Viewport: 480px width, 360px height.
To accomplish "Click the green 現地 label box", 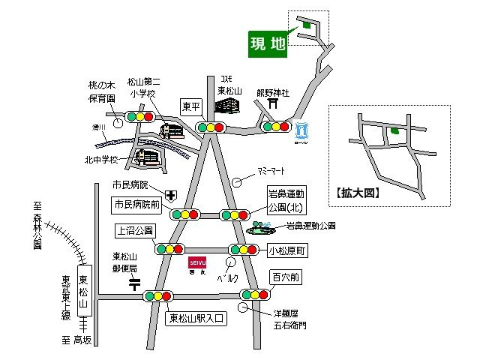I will point(268,44).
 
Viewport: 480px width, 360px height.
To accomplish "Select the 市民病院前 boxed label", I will point(136,204).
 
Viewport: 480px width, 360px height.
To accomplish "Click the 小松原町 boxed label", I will point(288,250).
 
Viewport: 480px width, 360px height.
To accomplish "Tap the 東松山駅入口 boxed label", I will point(194,317).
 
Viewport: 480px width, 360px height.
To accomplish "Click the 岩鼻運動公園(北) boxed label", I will point(288,200).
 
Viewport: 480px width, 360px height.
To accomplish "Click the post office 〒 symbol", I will point(134,283).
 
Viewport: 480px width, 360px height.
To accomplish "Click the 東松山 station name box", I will point(83,291).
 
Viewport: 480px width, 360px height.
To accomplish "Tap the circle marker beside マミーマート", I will point(237,181).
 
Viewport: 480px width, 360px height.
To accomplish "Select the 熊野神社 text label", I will point(272,92).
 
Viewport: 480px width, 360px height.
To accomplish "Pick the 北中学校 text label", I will point(102,159).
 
